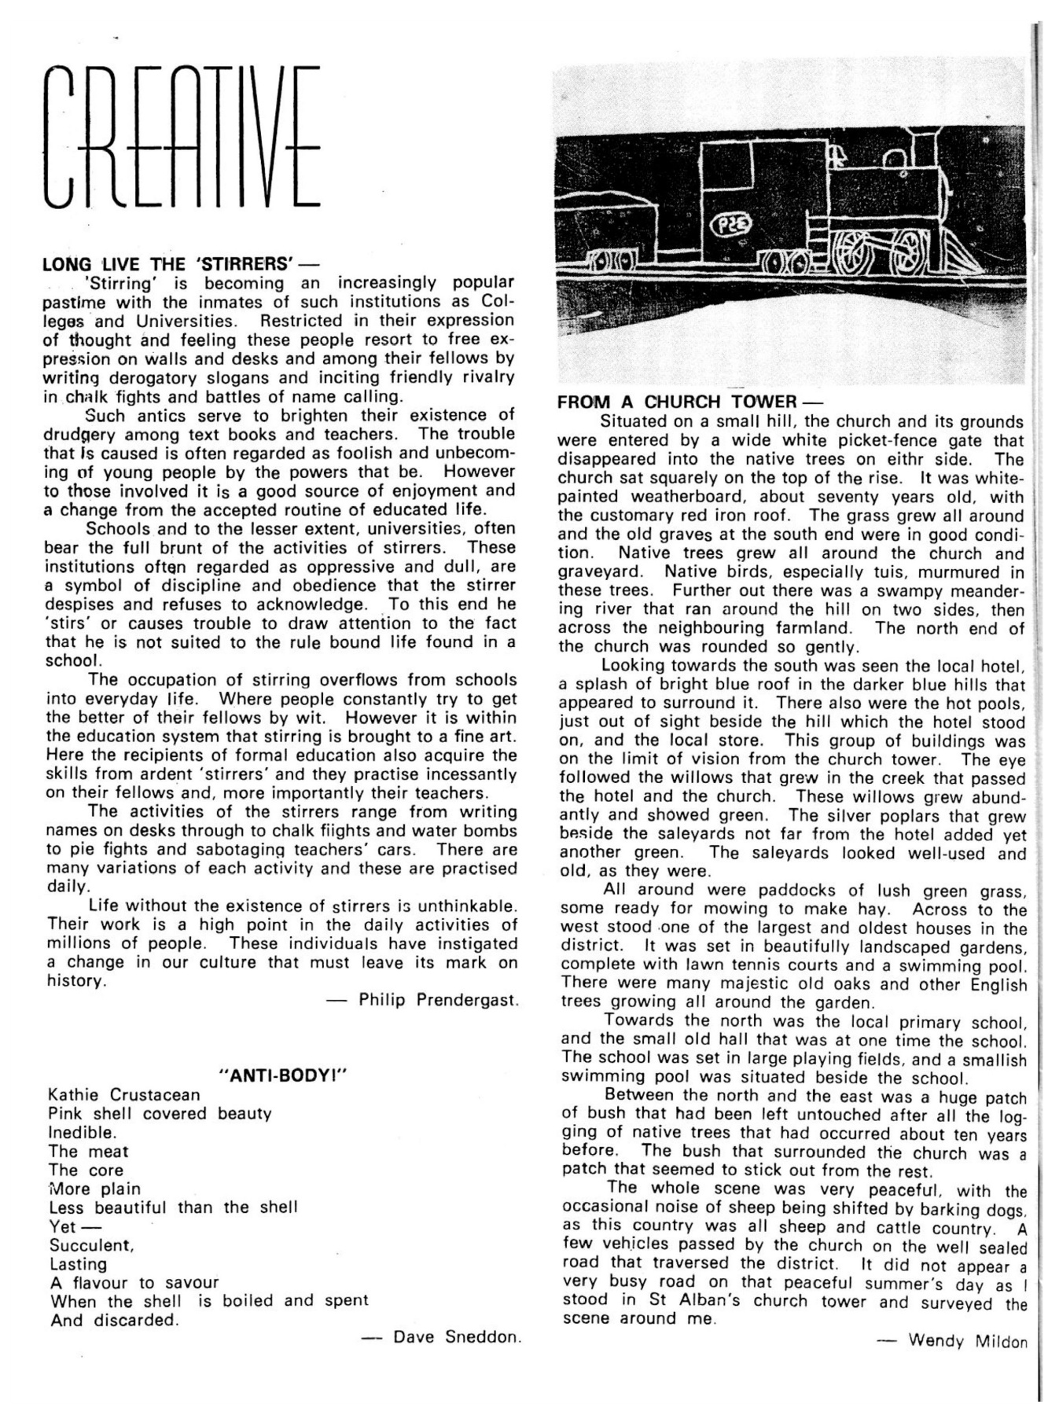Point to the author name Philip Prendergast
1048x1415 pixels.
438,1000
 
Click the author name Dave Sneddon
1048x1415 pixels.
456,1336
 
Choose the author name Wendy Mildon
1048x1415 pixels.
967,1340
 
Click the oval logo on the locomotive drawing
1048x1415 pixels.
730,226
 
